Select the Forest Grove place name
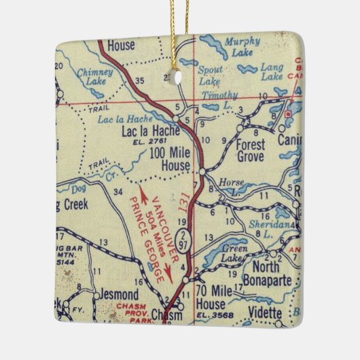click(250, 149)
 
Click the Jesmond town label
click(116, 295)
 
